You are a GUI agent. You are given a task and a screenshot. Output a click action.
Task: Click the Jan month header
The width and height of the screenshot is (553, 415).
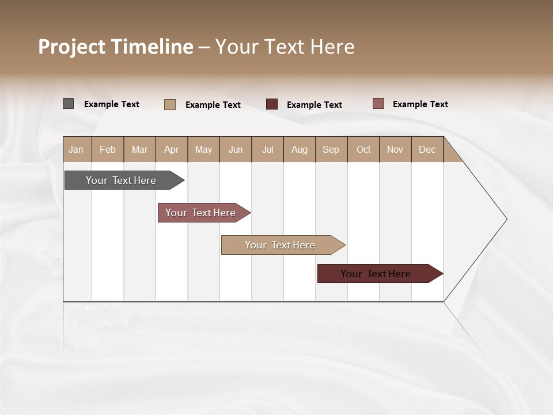click(77, 149)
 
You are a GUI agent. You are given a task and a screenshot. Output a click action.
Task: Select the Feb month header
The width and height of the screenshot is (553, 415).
click(108, 149)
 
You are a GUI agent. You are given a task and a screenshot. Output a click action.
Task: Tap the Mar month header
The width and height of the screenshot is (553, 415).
click(139, 149)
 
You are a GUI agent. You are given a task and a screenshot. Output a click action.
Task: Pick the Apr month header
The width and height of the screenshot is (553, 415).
click(172, 149)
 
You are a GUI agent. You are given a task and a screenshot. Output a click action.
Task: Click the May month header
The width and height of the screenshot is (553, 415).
click(203, 149)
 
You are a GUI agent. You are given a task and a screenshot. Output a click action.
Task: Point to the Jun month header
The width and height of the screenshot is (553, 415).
click(236, 149)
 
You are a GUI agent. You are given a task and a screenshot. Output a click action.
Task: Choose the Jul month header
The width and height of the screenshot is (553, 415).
click(267, 149)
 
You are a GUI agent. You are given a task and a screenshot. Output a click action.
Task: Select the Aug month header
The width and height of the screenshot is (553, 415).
click(300, 149)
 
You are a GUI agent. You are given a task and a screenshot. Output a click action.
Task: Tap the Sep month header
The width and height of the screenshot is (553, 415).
click(331, 149)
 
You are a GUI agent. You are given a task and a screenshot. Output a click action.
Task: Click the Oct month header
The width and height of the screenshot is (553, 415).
click(363, 149)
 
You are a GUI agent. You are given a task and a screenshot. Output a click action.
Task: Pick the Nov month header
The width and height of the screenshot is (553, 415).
click(395, 149)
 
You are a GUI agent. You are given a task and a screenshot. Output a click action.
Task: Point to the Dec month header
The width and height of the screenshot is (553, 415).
click(427, 149)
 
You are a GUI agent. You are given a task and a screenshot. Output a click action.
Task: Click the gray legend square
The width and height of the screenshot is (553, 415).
click(68, 104)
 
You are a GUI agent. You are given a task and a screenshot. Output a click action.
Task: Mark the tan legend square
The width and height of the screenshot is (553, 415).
click(169, 104)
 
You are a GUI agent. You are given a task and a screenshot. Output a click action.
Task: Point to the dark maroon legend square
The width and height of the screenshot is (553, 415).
click(272, 104)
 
